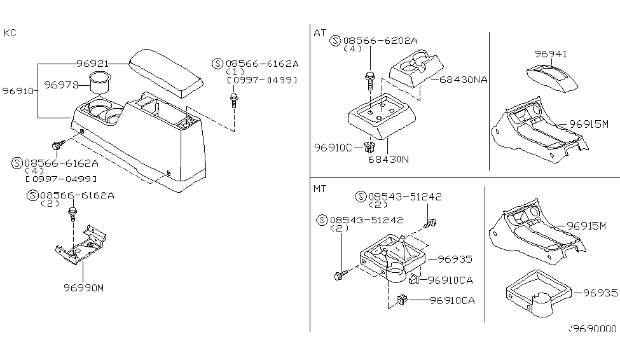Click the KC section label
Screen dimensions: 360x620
(x=10, y=32)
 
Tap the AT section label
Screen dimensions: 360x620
(x=320, y=32)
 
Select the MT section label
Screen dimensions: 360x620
(x=320, y=189)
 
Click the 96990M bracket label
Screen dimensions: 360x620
(x=83, y=287)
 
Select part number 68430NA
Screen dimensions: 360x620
(x=462, y=80)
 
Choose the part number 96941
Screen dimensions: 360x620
(x=550, y=55)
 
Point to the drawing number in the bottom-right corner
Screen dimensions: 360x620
(x=592, y=329)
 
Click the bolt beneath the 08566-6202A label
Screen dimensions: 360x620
(x=370, y=80)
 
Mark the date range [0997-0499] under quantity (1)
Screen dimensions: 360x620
(x=262, y=80)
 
